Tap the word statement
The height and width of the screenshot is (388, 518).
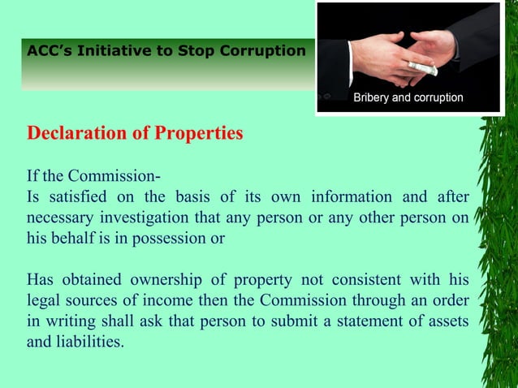[x=361, y=322]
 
